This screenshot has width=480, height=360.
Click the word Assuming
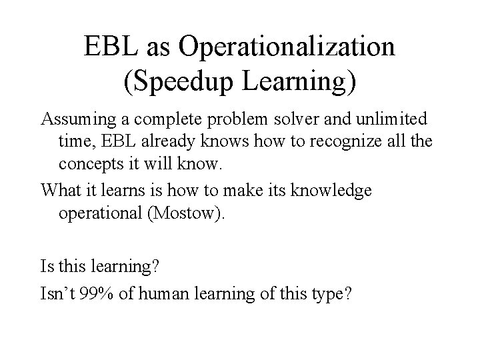pos(75,121)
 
